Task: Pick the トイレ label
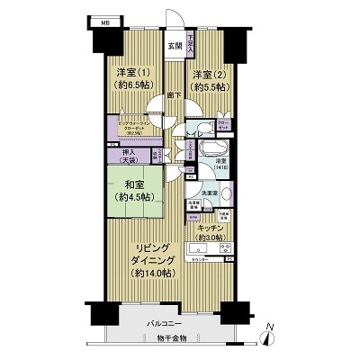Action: coord(193,133)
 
